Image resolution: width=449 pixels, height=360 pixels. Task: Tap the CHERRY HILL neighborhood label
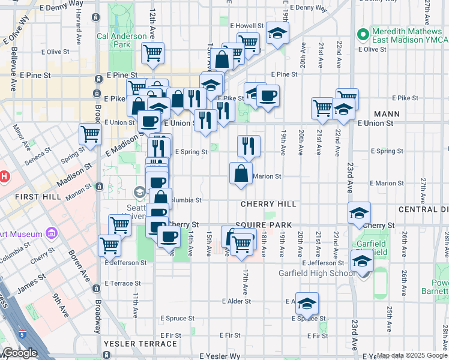(x=268, y=204)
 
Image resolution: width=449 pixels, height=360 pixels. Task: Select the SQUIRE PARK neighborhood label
(x=264, y=225)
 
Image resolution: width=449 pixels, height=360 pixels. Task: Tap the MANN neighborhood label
(x=386, y=113)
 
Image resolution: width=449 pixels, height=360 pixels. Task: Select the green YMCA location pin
(x=362, y=35)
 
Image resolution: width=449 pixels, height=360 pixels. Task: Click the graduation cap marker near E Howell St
(x=278, y=34)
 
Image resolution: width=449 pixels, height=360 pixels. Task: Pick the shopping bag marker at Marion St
(x=241, y=174)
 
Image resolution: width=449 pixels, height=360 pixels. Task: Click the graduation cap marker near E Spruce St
(x=307, y=304)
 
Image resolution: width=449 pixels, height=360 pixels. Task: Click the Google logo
(x=20, y=353)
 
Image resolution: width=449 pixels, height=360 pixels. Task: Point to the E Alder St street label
(x=236, y=301)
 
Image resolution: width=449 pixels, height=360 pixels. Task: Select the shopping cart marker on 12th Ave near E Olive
(x=153, y=52)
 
